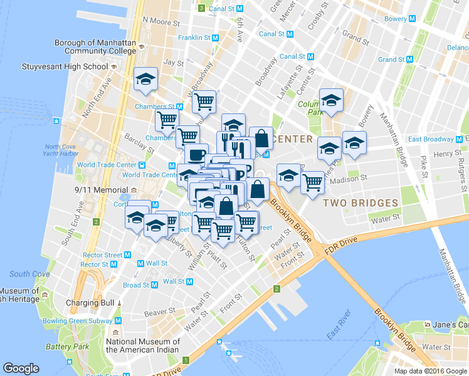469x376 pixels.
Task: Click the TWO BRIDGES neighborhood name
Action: [x=360, y=203]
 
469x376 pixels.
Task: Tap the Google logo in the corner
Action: [x=21, y=368]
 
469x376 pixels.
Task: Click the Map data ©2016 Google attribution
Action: [x=431, y=371]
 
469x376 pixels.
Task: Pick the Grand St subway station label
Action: [x=391, y=60]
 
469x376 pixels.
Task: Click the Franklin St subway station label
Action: [x=194, y=38]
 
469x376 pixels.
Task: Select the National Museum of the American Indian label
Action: [x=142, y=345]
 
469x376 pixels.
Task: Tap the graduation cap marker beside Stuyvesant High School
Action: [x=145, y=80]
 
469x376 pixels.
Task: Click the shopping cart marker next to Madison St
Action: [x=312, y=182]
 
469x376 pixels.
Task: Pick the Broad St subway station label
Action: [x=136, y=285]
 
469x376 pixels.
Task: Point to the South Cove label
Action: [x=29, y=274]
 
